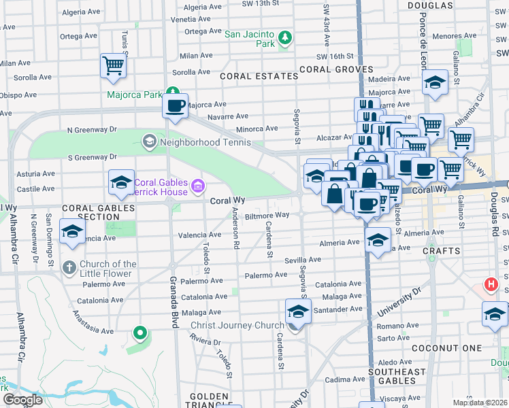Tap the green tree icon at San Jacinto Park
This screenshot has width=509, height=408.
coord(285,39)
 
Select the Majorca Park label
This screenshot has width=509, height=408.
coord(133,95)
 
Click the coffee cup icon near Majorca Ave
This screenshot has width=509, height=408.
coord(176,105)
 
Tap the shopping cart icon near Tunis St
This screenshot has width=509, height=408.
coord(113,66)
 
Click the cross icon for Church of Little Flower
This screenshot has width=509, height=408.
coord(69,267)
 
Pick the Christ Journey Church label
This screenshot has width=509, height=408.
coord(236,326)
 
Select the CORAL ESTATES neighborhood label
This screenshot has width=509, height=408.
coord(259,76)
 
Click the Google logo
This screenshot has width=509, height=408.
coord(22,400)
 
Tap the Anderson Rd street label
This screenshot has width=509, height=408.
coord(235,228)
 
